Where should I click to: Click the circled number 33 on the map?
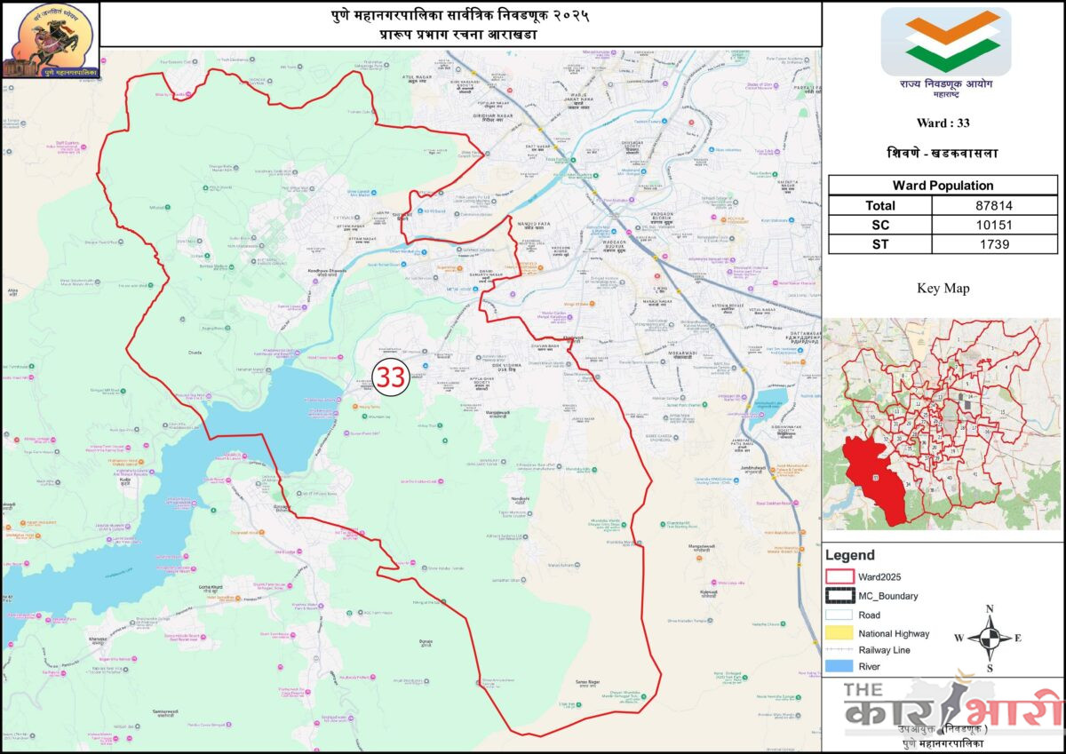point(390,377)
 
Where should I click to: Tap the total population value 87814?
point(994,205)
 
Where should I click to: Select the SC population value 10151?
point(994,225)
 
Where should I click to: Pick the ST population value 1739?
point(994,244)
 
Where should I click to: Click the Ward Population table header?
point(943,186)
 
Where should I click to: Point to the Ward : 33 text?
point(943,123)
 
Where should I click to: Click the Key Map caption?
point(943,288)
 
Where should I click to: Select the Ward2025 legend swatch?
point(839,575)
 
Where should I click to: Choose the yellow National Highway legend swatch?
point(839,633)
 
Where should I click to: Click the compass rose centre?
point(989,637)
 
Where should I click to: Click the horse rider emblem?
point(49,37)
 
